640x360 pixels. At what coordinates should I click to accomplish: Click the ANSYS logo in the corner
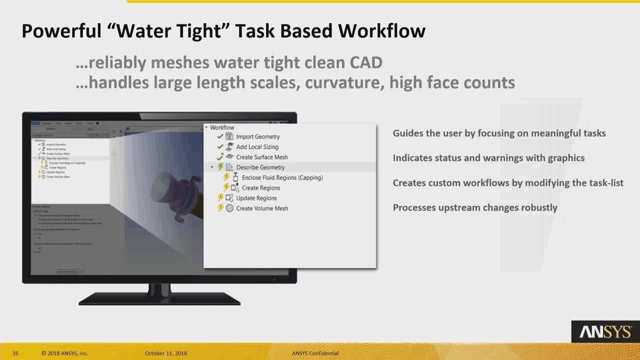604,331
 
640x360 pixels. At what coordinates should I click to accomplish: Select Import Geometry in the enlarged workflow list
257,136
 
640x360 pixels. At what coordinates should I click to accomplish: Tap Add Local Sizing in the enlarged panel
257,147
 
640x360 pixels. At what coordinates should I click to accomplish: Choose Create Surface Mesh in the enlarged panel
261,157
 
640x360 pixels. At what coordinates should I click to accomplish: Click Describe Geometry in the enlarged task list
260,167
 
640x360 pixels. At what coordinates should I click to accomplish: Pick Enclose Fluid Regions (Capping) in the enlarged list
282,177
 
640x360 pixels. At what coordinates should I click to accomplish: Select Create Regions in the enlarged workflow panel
260,188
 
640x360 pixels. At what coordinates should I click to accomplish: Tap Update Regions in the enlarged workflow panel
256,198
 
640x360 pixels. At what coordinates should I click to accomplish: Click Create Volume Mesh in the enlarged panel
261,208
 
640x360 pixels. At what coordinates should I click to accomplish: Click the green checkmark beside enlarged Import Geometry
220,136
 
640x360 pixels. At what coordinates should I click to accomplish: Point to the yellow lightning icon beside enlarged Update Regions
220,198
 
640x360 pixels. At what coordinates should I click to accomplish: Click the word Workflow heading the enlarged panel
222,127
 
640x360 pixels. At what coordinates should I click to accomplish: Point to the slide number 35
15,353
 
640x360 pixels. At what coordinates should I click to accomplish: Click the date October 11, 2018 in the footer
165,353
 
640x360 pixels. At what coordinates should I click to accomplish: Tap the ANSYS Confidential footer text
315,353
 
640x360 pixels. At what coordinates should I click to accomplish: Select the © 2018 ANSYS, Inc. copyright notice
64,353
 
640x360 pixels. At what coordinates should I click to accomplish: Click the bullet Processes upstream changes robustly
474,207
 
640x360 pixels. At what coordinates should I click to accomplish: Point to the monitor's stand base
159,299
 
